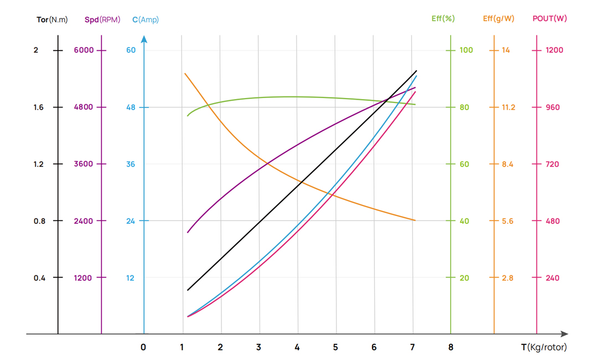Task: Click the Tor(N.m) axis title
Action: coord(52,19)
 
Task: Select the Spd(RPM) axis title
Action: coord(102,19)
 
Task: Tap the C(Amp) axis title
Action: coord(146,19)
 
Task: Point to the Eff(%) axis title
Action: coord(443,18)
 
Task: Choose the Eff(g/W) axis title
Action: coord(498,18)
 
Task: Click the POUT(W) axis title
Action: coord(550,18)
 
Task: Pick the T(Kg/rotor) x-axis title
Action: coord(544,347)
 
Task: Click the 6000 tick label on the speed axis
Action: coord(83,50)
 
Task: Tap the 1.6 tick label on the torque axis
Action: coord(39,107)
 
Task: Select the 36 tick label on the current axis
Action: coord(131,164)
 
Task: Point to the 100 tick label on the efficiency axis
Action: coord(466,50)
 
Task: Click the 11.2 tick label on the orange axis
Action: coord(508,107)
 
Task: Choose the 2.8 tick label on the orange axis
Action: coord(508,277)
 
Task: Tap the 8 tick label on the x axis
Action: coord(451,347)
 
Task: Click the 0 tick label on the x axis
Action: coord(143,347)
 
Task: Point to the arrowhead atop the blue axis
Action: coord(144,39)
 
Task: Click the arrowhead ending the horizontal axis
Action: coord(564,334)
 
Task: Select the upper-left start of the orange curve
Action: coord(185,73)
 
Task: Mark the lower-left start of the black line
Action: coord(188,290)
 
